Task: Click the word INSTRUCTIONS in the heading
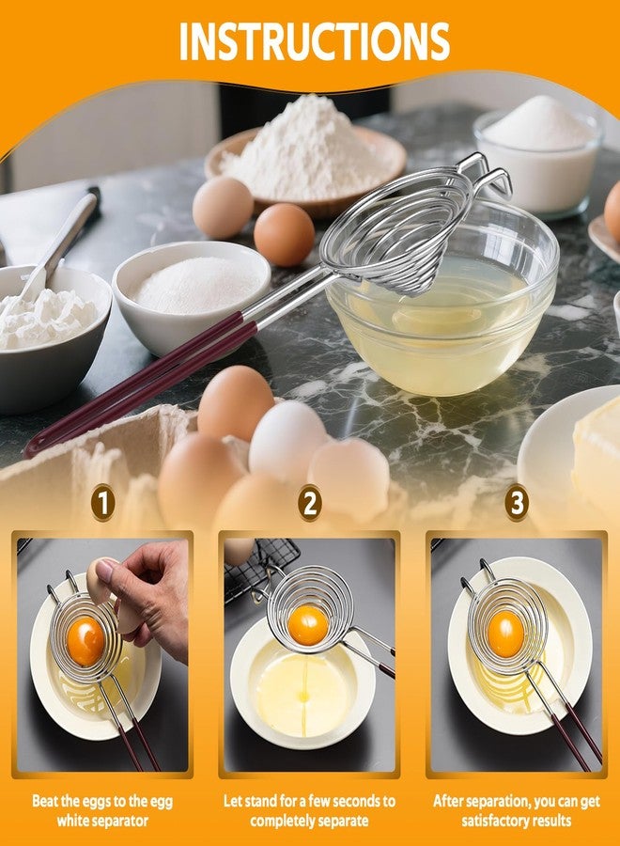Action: click(x=314, y=41)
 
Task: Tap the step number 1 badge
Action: click(x=102, y=503)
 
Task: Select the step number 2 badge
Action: click(x=309, y=503)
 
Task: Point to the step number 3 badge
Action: click(x=516, y=503)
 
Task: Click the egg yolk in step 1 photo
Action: click(x=85, y=640)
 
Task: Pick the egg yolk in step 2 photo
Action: click(x=307, y=625)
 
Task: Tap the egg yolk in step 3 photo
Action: click(x=505, y=634)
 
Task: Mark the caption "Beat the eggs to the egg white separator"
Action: click(x=102, y=811)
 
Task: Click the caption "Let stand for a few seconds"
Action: click(x=309, y=811)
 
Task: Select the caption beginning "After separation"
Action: click(x=516, y=811)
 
